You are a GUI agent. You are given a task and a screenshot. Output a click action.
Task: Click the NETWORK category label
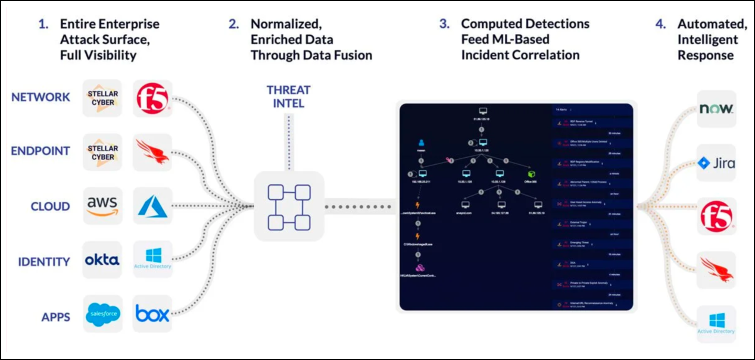[x=40, y=97]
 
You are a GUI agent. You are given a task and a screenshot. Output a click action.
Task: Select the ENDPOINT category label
[x=40, y=151]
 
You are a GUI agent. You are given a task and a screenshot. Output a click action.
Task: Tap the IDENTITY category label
[x=43, y=261]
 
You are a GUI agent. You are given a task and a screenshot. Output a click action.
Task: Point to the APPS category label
[x=55, y=317]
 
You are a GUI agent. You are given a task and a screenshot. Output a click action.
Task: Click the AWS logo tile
[x=103, y=205]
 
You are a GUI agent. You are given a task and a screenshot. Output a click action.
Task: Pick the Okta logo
[x=102, y=260]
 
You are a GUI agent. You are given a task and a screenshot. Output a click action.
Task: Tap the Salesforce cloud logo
[x=103, y=314]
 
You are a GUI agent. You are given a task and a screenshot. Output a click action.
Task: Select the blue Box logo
[x=152, y=314]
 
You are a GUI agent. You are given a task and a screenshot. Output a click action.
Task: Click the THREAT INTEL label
[x=289, y=96]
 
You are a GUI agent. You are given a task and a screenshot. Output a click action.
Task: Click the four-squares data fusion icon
[x=289, y=206]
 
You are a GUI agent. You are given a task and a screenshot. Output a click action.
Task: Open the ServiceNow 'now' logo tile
[x=717, y=109]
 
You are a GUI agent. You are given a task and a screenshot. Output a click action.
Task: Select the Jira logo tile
[x=717, y=163]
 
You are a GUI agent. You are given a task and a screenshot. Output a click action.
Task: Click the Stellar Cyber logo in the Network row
[x=103, y=98]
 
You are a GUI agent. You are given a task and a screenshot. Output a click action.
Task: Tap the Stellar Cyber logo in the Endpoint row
[x=103, y=152]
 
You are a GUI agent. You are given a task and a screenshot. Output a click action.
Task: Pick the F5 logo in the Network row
[x=153, y=98]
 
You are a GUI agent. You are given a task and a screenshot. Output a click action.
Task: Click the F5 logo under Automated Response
[x=716, y=217]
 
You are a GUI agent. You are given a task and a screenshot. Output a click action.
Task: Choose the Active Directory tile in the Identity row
[x=153, y=259]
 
